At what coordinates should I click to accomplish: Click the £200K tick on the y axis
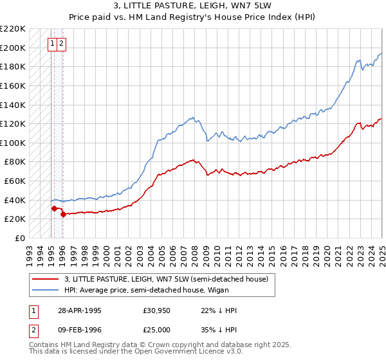click(x=13, y=48)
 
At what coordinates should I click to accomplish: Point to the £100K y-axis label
click(x=13, y=143)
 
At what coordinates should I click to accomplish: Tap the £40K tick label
click(x=15, y=200)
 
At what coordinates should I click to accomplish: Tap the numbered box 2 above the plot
click(x=60, y=44)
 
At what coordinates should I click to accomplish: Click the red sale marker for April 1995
click(x=54, y=208)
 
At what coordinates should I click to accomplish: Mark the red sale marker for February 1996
click(x=63, y=215)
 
